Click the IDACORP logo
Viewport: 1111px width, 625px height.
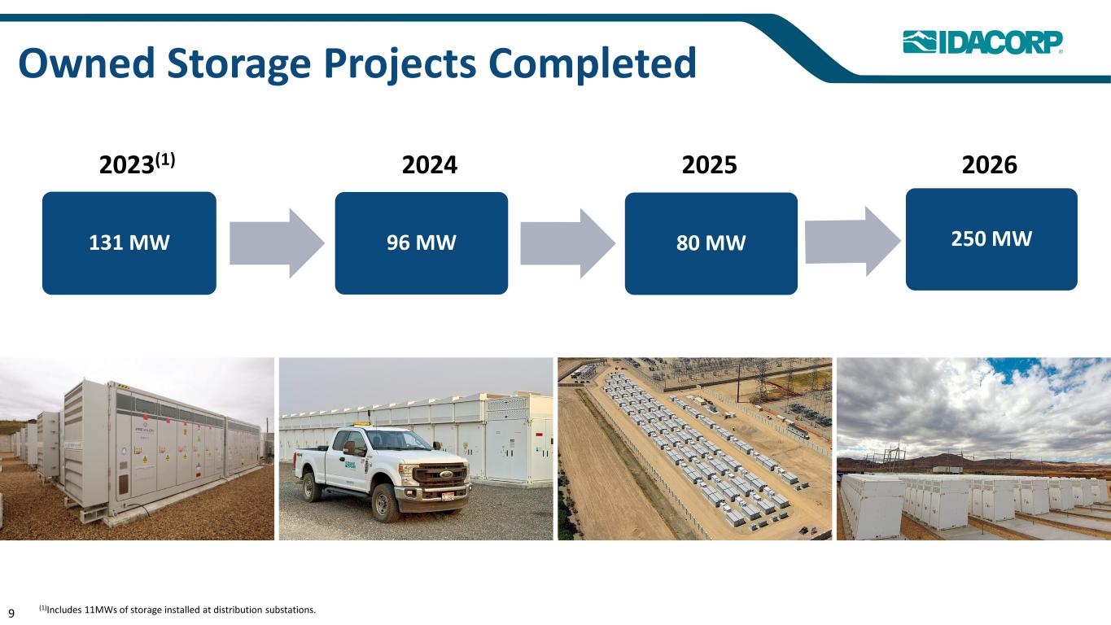(x=982, y=42)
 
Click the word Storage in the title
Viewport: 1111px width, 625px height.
(x=239, y=64)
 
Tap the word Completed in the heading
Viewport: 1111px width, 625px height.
(x=593, y=64)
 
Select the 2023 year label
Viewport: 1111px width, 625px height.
(x=137, y=164)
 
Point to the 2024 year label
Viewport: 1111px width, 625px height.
(x=430, y=164)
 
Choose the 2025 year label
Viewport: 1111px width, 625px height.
(x=709, y=164)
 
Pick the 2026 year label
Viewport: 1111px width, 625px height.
(x=990, y=164)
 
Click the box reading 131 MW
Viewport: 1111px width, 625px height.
(x=129, y=243)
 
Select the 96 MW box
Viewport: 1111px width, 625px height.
(x=422, y=243)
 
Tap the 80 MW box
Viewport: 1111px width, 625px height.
(x=711, y=243)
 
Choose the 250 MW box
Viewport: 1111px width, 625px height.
(x=991, y=239)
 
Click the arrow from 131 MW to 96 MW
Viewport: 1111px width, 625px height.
(x=277, y=243)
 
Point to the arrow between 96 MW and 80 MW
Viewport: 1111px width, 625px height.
(x=567, y=243)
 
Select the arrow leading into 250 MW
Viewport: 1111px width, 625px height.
(x=853, y=241)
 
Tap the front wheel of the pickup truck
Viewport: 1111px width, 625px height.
(x=385, y=503)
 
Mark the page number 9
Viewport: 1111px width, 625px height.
(x=11, y=613)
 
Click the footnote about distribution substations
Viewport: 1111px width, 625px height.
(x=177, y=610)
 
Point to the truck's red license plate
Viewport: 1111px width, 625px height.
(x=448, y=496)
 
